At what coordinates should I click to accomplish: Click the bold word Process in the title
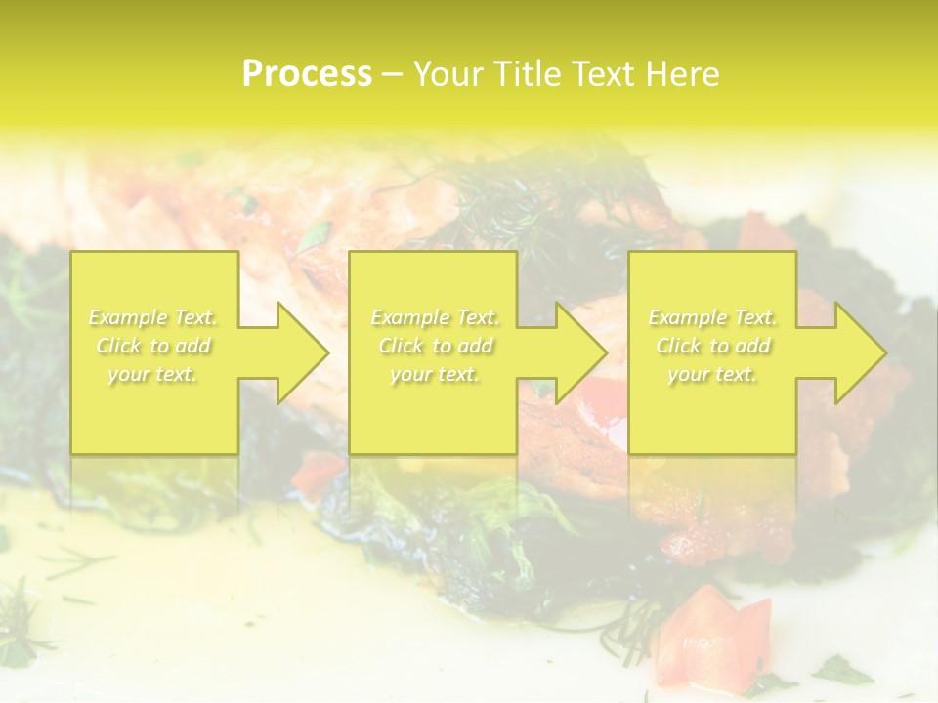click(307, 74)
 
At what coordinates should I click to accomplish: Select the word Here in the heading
click(684, 74)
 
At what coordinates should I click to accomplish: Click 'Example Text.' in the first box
click(152, 317)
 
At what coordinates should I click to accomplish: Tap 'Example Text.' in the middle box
click(434, 317)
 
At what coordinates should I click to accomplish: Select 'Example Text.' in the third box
click(712, 317)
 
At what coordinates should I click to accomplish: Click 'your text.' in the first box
click(152, 374)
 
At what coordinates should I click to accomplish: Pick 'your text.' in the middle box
click(434, 374)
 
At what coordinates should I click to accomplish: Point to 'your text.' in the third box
click(712, 374)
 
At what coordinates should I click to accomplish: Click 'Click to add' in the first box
click(152, 346)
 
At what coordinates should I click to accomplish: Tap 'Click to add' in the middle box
click(434, 346)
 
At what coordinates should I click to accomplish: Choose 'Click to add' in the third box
click(712, 346)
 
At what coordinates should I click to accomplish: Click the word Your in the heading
click(450, 74)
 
